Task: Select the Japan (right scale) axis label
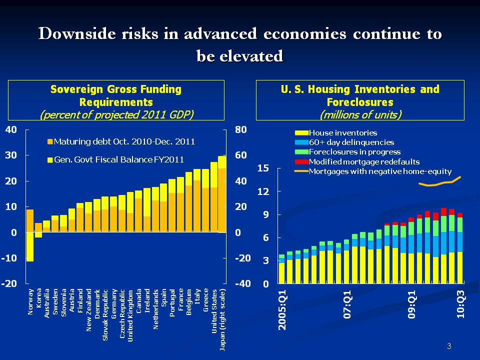click(222, 319)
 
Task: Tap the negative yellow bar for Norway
click(30, 246)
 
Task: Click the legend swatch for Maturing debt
click(49, 142)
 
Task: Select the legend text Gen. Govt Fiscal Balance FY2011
click(118, 159)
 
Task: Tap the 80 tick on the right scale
click(241, 129)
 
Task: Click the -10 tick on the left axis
click(11, 258)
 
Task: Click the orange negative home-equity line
click(440, 183)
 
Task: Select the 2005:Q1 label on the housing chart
click(282, 310)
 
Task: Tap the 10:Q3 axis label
click(459, 305)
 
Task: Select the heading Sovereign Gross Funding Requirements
click(116, 95)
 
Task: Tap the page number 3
click(449, 346)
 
